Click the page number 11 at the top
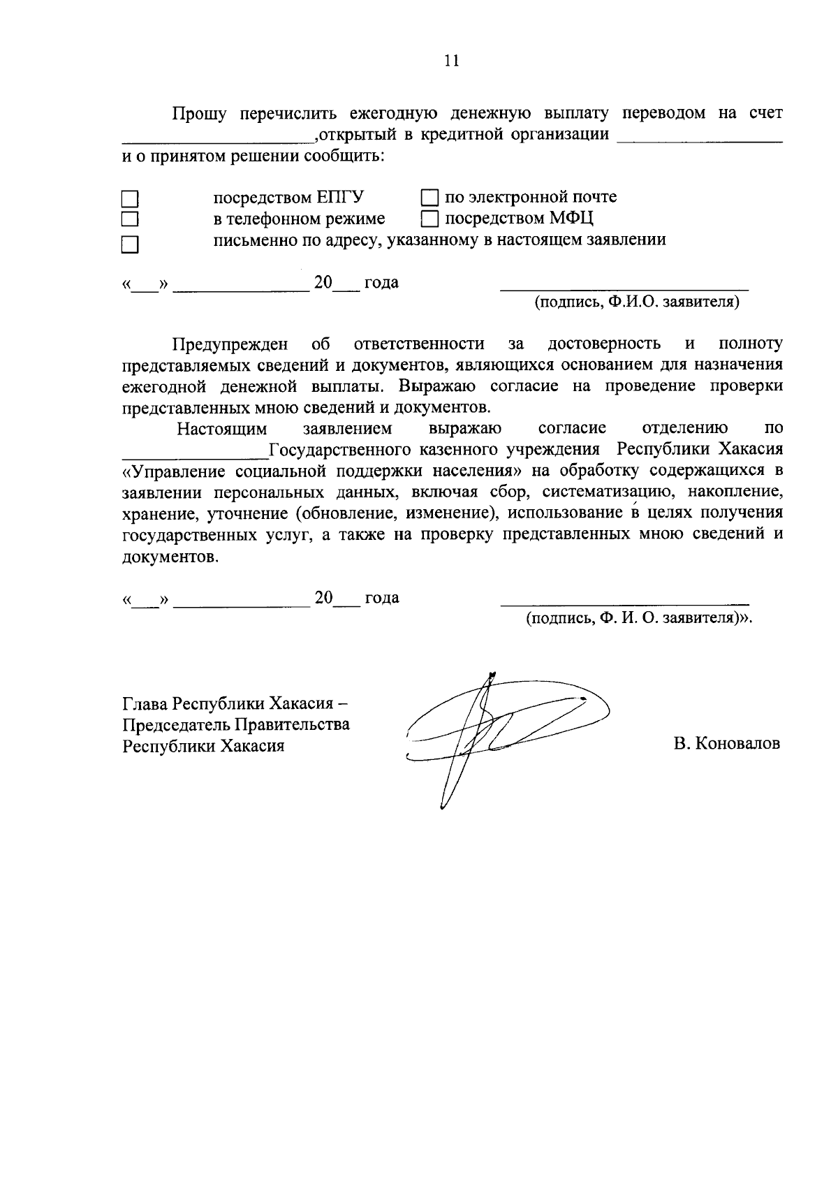coord(451,61)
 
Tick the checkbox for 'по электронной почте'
coord(431,198)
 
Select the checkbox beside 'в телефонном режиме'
coord(130,220)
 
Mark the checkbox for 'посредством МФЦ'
coord(431,219)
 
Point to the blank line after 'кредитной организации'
coord(700,139)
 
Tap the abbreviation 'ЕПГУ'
coord(341,198)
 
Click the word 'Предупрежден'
coord(230,344)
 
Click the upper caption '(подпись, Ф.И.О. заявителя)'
coord(636,302)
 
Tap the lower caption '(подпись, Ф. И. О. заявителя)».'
coord(640,618)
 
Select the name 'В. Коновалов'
coord(726,744)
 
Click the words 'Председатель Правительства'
coord(236,724)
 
